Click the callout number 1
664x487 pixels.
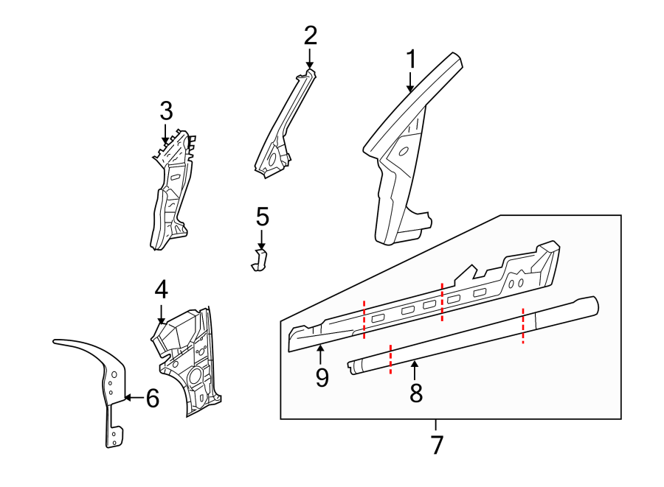point(412,60)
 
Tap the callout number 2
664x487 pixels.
point(310,35)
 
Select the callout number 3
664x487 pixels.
point(166,112)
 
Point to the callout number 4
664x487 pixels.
point(161,288)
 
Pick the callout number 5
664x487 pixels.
point(263,217)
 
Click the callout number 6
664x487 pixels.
point(152,399)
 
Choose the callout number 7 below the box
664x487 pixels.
point(436,444)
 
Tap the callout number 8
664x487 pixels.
point(416,393)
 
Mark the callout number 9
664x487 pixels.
point(322,376)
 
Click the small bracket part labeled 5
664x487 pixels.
point(259,260)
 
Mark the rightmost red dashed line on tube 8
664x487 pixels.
point(523,325)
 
